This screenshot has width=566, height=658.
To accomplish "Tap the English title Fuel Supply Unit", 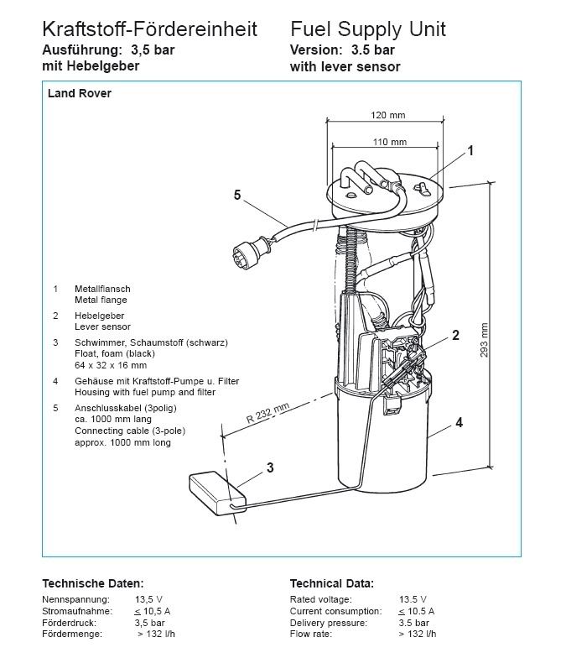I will [x=367, y=29].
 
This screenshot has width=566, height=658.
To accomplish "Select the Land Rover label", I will [x=80, y=94].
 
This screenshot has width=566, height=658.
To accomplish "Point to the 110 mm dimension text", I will [x=387, y=142].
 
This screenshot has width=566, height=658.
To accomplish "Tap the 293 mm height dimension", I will [x=484, y=341].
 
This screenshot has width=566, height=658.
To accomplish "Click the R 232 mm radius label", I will [x=267, y=412].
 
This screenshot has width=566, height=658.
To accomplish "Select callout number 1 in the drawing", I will [x=470, y=152].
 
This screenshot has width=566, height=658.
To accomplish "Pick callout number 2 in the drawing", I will [x=455, y=336].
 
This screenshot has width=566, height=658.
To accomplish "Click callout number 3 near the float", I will [x=270, y=469].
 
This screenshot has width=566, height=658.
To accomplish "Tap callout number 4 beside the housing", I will [x=459, y=423].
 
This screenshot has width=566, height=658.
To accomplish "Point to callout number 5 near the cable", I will [x=237, y=195].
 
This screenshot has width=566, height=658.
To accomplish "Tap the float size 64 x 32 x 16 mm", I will [x=110, y=365].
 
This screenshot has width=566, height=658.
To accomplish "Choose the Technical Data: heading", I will [x=331, y=583].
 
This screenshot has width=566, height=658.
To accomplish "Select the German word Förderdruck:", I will [x=69, y=624].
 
